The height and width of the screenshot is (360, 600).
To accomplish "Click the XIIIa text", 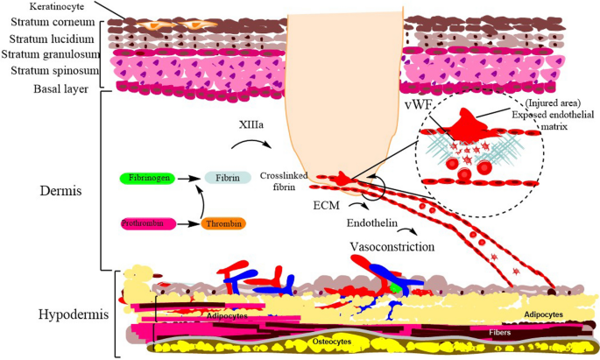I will pyautogui.click(x=248, y=125).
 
